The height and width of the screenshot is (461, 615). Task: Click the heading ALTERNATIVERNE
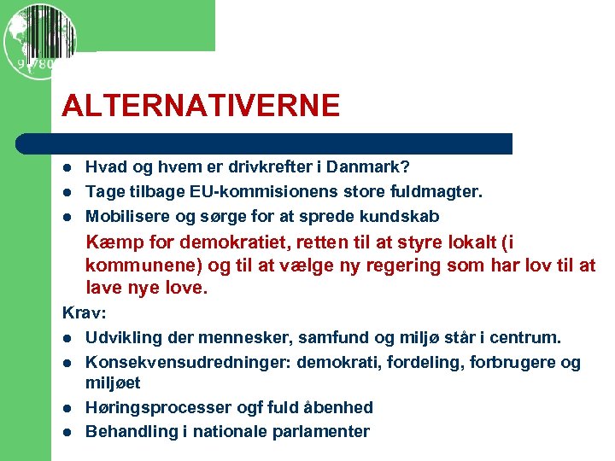coord(201,106)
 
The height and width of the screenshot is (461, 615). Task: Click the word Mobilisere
coord(127,215)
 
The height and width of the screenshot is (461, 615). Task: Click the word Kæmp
coord(109,243)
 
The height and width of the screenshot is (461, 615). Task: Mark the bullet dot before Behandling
coord(68,431)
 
